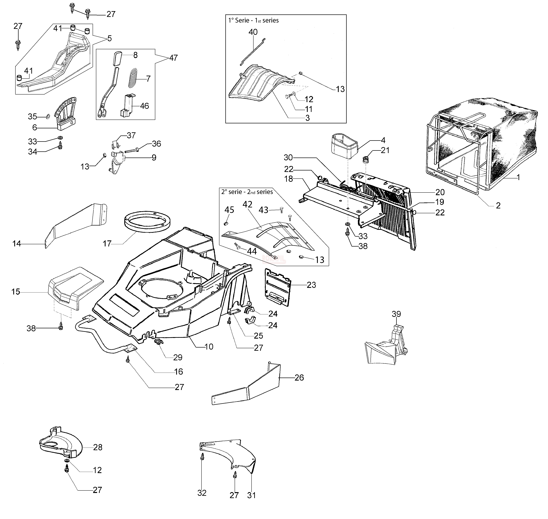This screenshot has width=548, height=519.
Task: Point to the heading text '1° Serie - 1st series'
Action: pyautogui.click(x=253, y=20)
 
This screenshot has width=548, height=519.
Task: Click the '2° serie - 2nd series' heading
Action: pyautogui.click(x=247, y=192)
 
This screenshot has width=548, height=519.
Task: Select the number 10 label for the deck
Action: pyautogui.click(x=209, y=347)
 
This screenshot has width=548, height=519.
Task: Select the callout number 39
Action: pyautogui.click(x=396, y=314)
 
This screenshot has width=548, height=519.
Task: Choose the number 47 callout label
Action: pyautogui.click(x=173, y=58)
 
